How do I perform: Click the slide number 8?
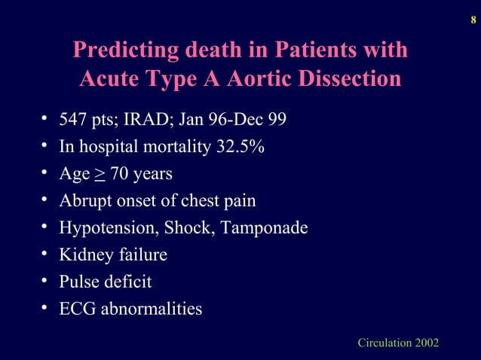[x=472, y=11]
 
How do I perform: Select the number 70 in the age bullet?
[x=118, y=175]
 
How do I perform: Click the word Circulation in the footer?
[x=384, y=343]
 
